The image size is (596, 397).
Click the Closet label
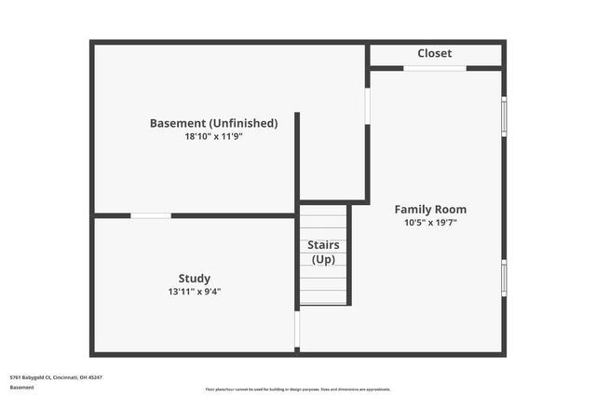point(435,53)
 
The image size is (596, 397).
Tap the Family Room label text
point(430,210)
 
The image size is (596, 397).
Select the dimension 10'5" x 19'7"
point(430,223)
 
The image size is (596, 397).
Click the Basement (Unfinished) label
point(214,123)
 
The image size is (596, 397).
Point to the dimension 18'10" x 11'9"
point(214,136)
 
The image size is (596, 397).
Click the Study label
point(195,278)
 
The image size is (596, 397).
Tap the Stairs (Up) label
point(323,252)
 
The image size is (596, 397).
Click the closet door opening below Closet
point(435,68)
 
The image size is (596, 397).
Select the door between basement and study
point(150,215)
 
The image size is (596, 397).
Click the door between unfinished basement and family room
point(367,105)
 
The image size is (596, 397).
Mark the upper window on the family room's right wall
point(504,116)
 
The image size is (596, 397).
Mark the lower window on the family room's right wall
point(504,278)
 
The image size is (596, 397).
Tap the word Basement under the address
point(22,387)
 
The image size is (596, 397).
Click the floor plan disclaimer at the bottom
point(298,390)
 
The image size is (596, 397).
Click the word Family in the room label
point(411,210)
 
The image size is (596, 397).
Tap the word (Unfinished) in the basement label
point(243,123)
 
